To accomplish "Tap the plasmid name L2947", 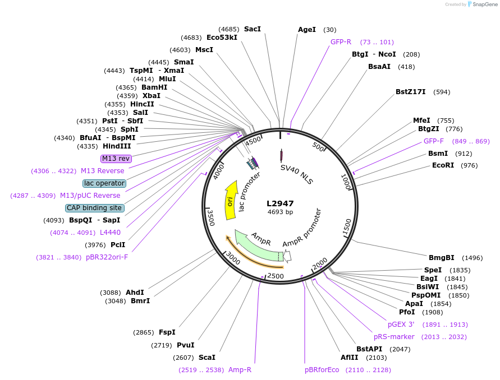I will point(280,203).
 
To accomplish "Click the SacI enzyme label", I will point(253,29).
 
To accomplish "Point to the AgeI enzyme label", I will point(307,30).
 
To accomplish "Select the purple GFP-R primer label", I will point(341,42).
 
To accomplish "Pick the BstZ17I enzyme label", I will point(411,92).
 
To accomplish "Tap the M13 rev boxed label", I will point(116,159).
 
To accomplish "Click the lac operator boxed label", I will point(104,183).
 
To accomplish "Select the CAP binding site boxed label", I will point(95,208).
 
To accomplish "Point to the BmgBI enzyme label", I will point(442,258).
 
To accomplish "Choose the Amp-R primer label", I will point(240,370).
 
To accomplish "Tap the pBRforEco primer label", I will point(322,370).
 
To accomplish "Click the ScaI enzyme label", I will point(207,357).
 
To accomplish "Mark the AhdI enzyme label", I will point(135,293).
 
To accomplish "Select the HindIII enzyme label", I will point(117,146).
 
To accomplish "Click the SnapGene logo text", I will point(486,4).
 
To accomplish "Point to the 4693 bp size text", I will point(280,212).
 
